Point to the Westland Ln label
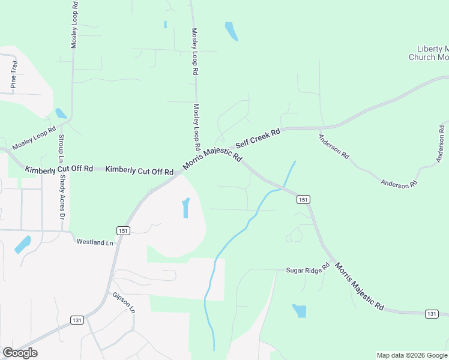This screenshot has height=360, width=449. pyautogui.click(x=94, y=242)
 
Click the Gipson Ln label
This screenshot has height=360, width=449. pyautogui.click(x=124, y=304)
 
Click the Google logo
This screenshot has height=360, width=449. pyautogui.click(x=20, y=353)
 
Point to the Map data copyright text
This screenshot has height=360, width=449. pyautogui.click(x=411, y=355)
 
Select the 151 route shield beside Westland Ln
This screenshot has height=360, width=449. pyautogui.click(x=123, y=230)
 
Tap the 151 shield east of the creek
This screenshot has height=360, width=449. pyautogui.click(x=303, y=199)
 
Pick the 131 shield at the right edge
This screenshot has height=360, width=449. pyautogui.click(x=431, y=314)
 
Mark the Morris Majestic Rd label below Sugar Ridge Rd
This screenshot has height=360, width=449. pyautogui.click(x=359, y=286)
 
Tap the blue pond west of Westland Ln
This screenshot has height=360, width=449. pyautogui.click(x=22, y=244)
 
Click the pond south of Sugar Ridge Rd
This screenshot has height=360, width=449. pyautogui.click(x=299, y=311)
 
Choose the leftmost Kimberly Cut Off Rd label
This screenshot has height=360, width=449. pyautogui.click(x=59, y=170)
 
